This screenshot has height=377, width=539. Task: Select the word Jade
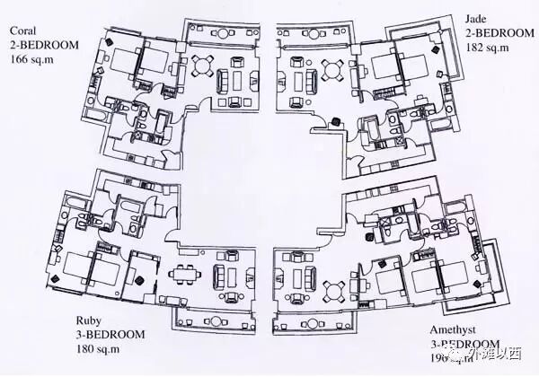pos(477,18)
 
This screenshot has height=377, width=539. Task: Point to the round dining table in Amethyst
pos(334,290)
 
